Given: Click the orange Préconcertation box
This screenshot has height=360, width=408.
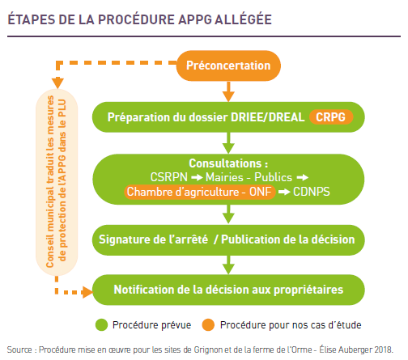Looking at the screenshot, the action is [228, 66].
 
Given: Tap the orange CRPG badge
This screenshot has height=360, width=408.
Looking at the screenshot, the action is [331, 117].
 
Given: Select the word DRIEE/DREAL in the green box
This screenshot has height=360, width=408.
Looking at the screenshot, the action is [268, 117].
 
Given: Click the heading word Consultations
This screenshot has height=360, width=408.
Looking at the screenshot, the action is [225, 163].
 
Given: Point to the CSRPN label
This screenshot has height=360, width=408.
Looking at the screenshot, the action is [169, 177].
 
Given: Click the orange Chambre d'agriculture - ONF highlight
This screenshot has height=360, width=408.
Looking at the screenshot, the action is [200, 192].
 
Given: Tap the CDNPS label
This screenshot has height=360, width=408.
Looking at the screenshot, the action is [312, 192].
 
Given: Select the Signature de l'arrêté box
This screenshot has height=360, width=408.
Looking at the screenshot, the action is [228, 240].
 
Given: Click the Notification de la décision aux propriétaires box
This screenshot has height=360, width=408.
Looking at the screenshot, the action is [228, 290].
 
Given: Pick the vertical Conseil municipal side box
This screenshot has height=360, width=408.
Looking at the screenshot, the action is [57, 182].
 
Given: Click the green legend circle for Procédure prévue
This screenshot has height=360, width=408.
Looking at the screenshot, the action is [102, 325].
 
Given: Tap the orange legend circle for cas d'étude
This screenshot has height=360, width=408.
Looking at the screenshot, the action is [208, 325].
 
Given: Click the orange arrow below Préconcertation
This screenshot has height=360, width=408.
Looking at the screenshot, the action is [228, 91].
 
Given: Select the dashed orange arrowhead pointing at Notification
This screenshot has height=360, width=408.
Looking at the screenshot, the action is [87, 292].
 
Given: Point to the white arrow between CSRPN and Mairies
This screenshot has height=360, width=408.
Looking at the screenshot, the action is [197, 178].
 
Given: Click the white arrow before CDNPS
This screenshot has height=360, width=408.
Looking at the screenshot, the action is [284, 192].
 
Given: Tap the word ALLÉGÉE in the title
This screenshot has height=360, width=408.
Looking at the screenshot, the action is [243, 19].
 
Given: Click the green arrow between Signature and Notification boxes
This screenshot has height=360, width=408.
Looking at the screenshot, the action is [228, 265].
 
